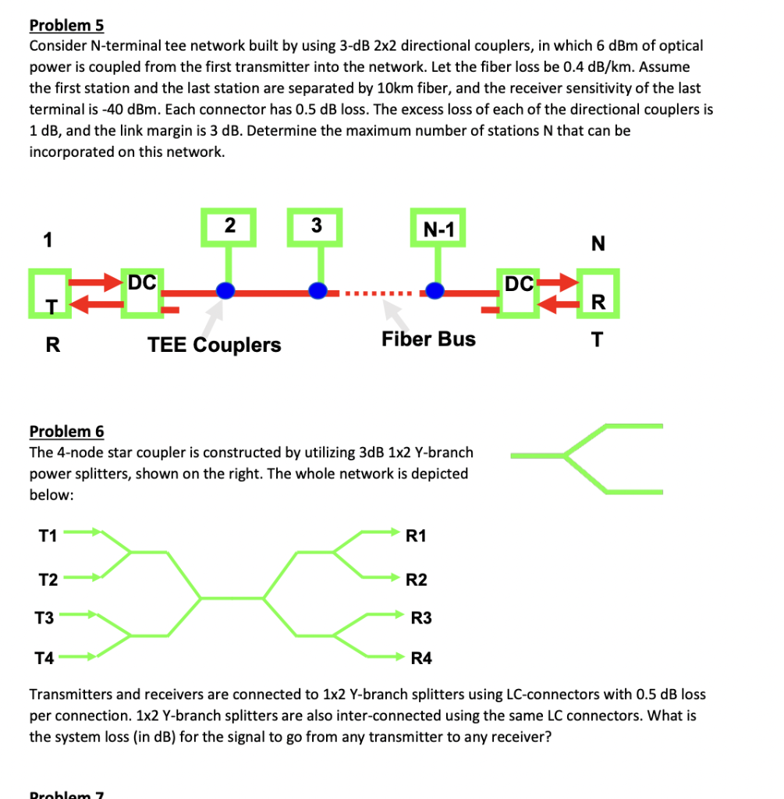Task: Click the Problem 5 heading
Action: pos(66,25)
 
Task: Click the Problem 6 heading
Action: pos(66,431)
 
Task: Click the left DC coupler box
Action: pos(143,293)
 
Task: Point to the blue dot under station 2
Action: pos(225,290)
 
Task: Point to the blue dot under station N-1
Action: pos(435,290)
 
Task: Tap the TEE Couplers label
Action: pos(215,345)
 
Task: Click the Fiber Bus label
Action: pos(428,339)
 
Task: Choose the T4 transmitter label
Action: pos(44,658)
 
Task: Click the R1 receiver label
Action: pos(416,535)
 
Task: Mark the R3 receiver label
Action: pos(420,619)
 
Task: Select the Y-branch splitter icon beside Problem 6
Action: pos(587,459)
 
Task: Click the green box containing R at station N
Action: pos(598,294)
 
